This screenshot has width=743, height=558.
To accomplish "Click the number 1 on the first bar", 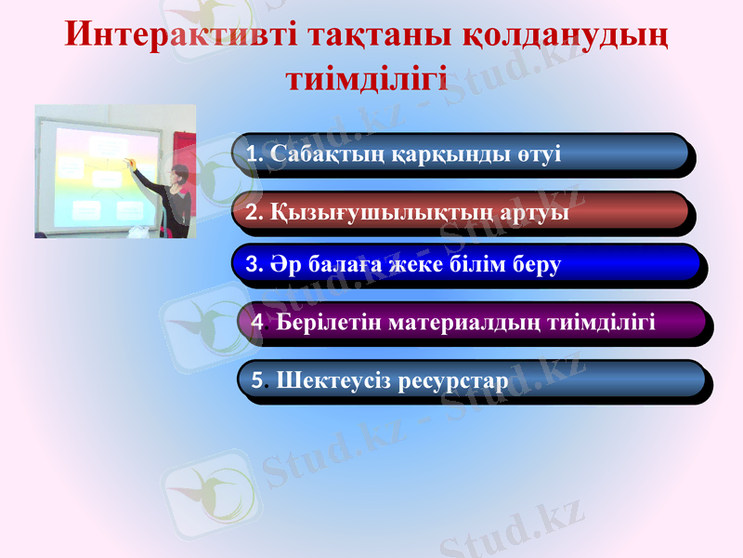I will [252, 153].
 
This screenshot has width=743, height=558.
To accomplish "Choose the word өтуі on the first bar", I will [539, 153].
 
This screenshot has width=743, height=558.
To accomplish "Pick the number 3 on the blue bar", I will [253, 265].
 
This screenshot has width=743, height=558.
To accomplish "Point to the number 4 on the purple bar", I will [257, 323].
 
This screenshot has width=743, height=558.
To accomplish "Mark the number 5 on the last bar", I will [257, 380].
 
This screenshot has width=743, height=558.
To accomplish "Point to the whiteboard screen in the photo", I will [102, 177].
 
